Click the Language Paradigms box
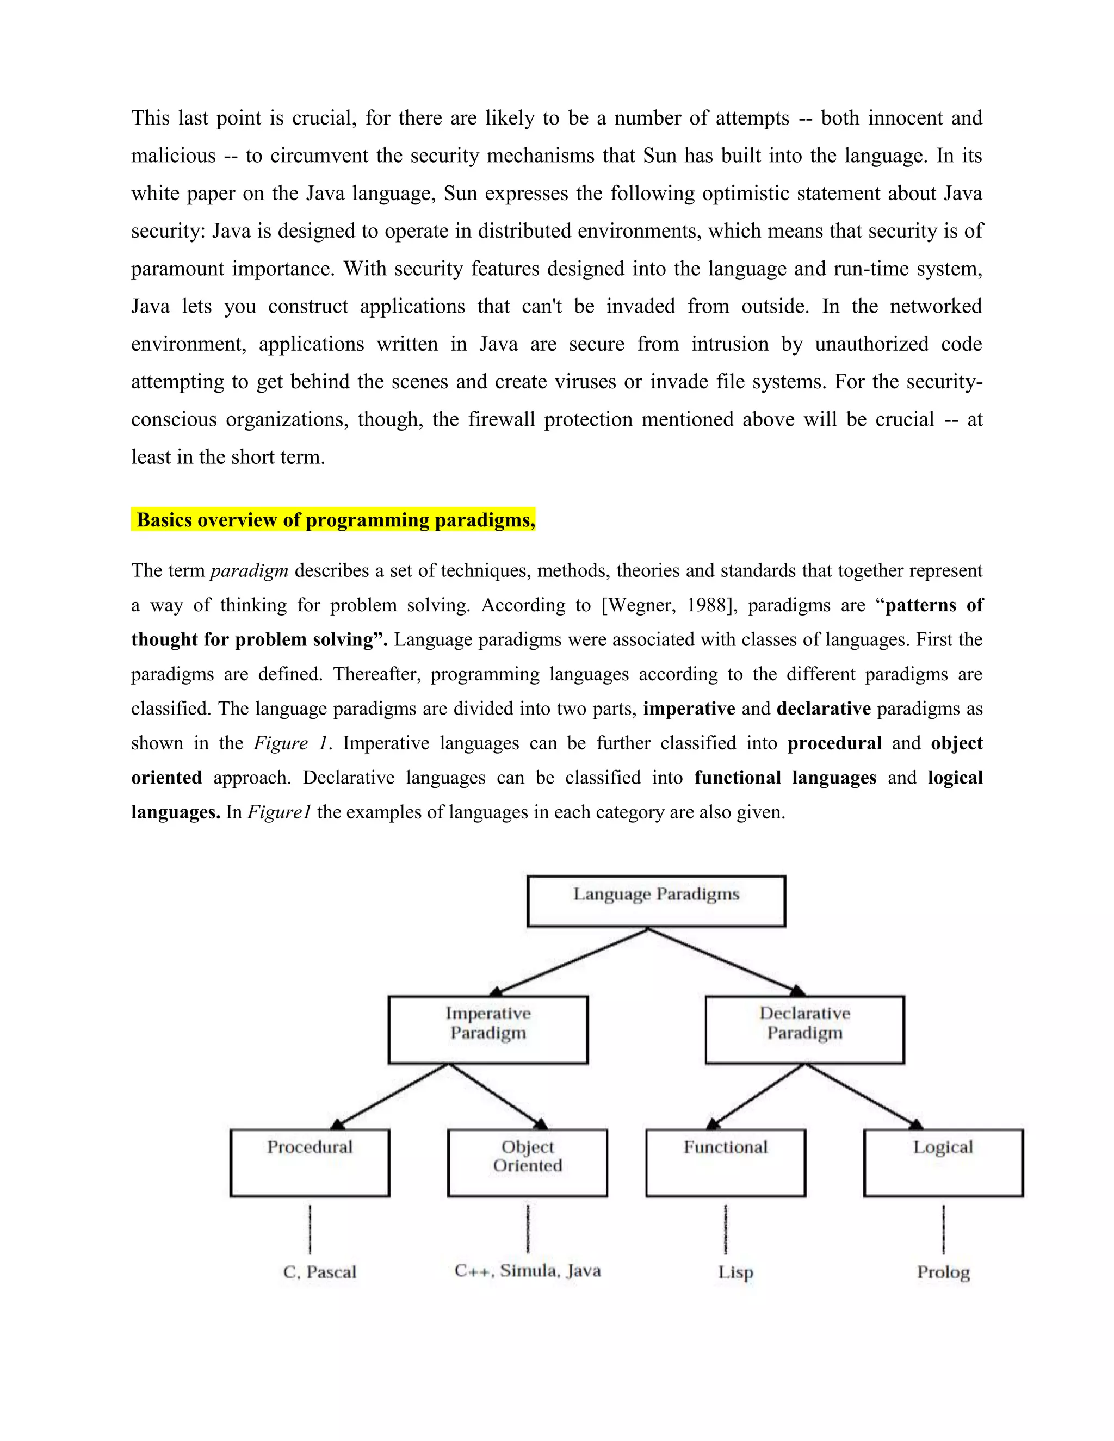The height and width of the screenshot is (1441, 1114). click(656, 900)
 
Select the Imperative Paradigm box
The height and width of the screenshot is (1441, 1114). click(488, 1029)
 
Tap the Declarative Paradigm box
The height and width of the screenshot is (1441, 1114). click(804, 1029)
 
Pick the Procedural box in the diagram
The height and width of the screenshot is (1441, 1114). click(310, 1162)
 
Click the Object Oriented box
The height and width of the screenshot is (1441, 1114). click(527, 1162)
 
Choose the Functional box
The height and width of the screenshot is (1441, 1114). click(725, 1162)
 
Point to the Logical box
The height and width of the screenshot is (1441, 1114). click(943, 1162)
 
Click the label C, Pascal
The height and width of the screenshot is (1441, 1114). click(319, 1272)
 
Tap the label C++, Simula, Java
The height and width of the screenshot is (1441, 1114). click(527, 1271)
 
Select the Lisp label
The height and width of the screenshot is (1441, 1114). click(735, 1272)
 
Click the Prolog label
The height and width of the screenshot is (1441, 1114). click(943, 1272)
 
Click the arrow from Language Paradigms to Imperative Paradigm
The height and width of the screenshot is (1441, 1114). click(569, 961)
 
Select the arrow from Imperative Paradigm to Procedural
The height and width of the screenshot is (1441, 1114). click(391, 1096)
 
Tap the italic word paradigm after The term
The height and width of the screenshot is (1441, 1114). click(249, 571)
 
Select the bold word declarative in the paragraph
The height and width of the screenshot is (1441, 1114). click(824, 709)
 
